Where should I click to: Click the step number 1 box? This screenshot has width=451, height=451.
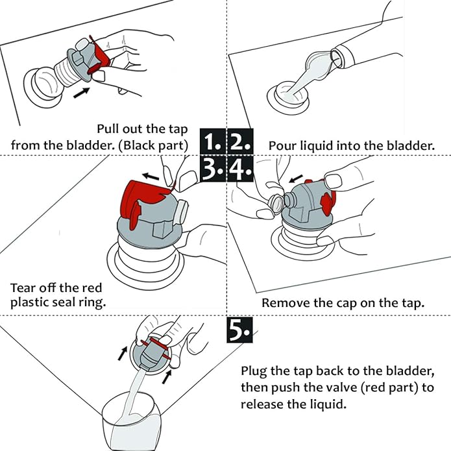(x=213, y=141)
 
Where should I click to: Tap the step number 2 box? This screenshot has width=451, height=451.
(x=241, y=141)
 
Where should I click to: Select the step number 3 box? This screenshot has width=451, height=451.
(x=213, y=169)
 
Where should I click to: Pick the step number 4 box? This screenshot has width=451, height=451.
(x=241, y=169)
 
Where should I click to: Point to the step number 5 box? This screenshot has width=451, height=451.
(x=239, y=330)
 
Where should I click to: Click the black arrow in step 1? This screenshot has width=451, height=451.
(x=81, y=93)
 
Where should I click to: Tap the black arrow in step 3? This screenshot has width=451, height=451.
(x=151, y=176)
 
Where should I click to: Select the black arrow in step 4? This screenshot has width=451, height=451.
(x=296, y=178)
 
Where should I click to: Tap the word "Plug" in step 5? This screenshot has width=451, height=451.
(x=254, y=371)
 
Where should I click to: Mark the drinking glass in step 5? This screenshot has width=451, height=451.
(x=132, y=421)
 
